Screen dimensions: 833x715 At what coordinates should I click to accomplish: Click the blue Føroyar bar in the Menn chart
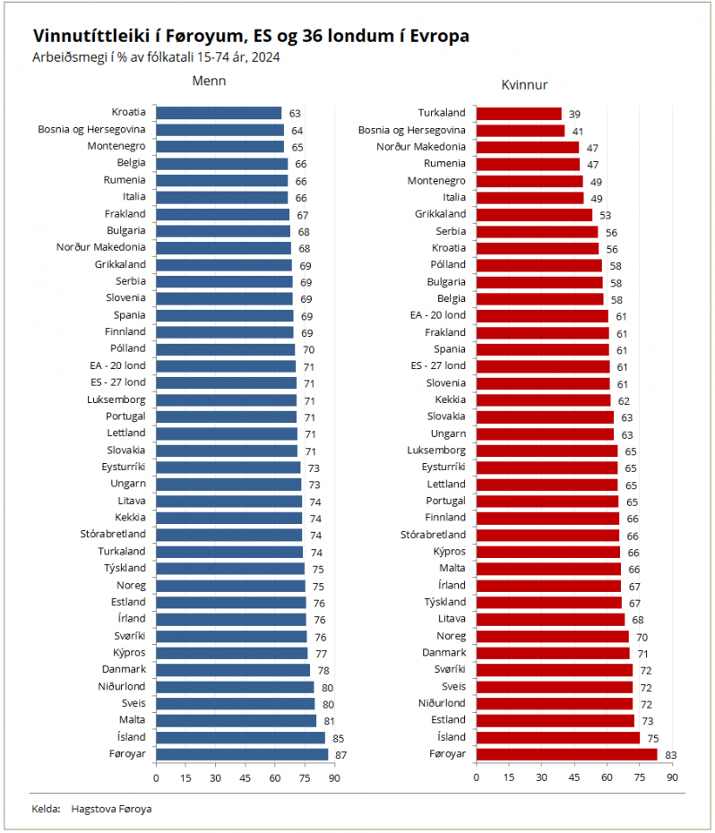pos(242,754)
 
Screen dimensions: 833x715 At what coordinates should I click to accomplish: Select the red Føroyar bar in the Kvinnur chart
pos(566,754)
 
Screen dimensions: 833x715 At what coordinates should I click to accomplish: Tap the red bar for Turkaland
pos(519,114)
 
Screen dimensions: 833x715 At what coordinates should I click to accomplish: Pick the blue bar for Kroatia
pos(219,113)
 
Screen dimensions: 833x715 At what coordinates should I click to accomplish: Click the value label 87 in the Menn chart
pos(340,755)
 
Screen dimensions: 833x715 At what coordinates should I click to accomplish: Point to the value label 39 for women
pos(574,115)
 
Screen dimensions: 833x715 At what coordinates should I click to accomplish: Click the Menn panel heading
pos(209,81)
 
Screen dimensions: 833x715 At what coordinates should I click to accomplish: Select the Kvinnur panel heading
pos(524,85)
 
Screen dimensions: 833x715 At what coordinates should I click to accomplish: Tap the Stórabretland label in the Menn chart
pos(113,534)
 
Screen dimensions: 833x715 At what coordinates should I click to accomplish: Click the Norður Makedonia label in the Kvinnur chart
pos(421,147)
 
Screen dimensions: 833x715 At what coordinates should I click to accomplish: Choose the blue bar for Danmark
pos(233,670)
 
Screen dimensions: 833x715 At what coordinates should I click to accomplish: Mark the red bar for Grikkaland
pos(534,215)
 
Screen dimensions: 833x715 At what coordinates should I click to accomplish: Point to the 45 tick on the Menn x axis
pos(245,778)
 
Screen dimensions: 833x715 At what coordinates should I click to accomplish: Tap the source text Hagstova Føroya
pos(111,809)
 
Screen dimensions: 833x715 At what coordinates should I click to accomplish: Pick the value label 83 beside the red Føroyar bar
pos(670,755)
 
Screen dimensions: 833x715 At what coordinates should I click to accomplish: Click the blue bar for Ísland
pos(240,737)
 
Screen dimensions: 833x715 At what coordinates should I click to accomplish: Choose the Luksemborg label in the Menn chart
pos(116,399)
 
